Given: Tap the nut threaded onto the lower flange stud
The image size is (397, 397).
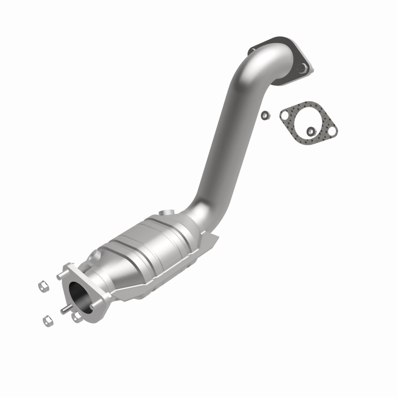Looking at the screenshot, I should pyautogui.click(x=76, y=317).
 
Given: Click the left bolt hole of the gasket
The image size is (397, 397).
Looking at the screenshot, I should pyautogui.click(x=285, y=116).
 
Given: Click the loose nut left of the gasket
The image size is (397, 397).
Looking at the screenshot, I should pyautogui.click(x=265, y=115).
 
